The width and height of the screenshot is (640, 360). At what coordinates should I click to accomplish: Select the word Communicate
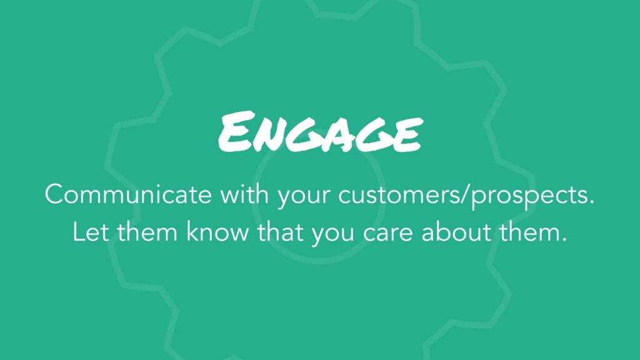(x=127, y=194)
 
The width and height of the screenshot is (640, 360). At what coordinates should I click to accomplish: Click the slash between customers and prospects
(x=466, y=195)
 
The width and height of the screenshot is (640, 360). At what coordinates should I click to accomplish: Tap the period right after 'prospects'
(x=591, y=202)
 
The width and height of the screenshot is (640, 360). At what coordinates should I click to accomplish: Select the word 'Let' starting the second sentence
(x=91, y=231)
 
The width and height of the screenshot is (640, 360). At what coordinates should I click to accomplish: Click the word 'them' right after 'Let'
(x=147, y=231)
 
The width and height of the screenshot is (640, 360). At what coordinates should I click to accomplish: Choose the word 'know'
(x=217, y=231)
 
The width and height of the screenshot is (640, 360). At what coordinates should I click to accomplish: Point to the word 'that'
(x=280, y=231)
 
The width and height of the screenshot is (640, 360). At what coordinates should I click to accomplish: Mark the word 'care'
(x=387, y=234)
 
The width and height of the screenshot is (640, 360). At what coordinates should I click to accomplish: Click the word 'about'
(x=456, y=231)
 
